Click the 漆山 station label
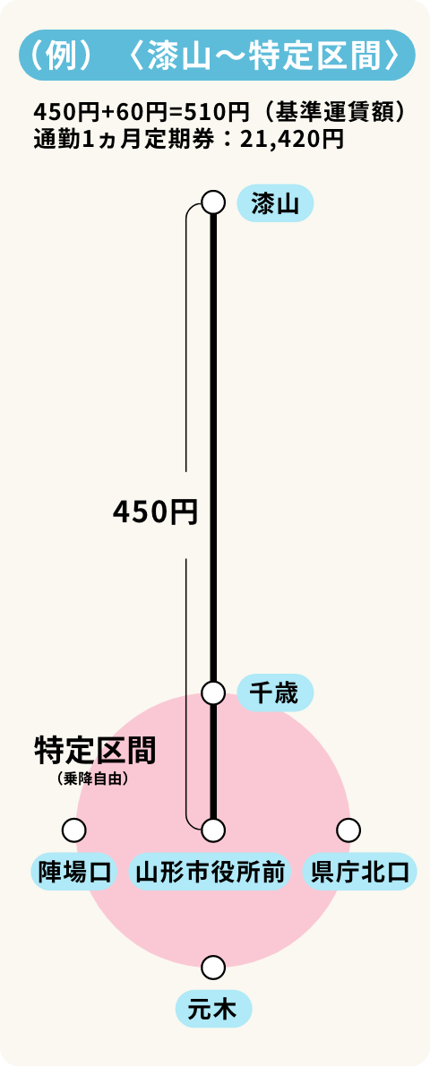pyautogui.click(x=275, y=204)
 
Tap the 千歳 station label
pyautogui.click(x=274, y=693)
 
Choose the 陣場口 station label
pyautogui.click(x=74, y=871)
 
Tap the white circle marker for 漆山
pyautogui.click(x=213, y=202)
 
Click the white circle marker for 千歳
pyautogui.click(x=213, y=693)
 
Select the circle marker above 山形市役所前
pyautogui.click(x=213, y=830)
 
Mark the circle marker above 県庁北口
pyautogui.click(x=348, y=830)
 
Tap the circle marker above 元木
pyautogui.click(x=213, y=968)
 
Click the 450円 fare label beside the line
pyautogui.click(x=155, y=512)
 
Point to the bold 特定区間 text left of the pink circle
pyautogui.click(x=94, y=750)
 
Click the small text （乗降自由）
pyautogui.click(x=94, y=779)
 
